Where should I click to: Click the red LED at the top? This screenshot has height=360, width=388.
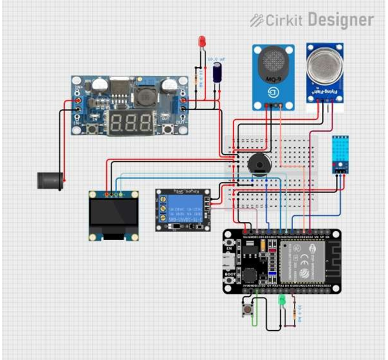point(201,41)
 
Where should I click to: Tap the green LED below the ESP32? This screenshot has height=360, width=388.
point(282,300)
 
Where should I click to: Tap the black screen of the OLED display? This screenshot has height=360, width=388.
point(114,213)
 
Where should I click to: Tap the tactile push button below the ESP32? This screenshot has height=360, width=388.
point(248,310)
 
